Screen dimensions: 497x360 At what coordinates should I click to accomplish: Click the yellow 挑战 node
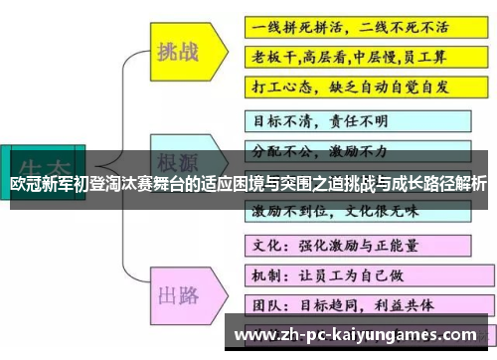point(179,53)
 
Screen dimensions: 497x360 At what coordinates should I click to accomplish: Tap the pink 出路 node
point(179,267)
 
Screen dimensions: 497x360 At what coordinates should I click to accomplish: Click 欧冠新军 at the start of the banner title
point(36,184)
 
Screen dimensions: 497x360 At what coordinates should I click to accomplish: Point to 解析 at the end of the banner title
point(474,184)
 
